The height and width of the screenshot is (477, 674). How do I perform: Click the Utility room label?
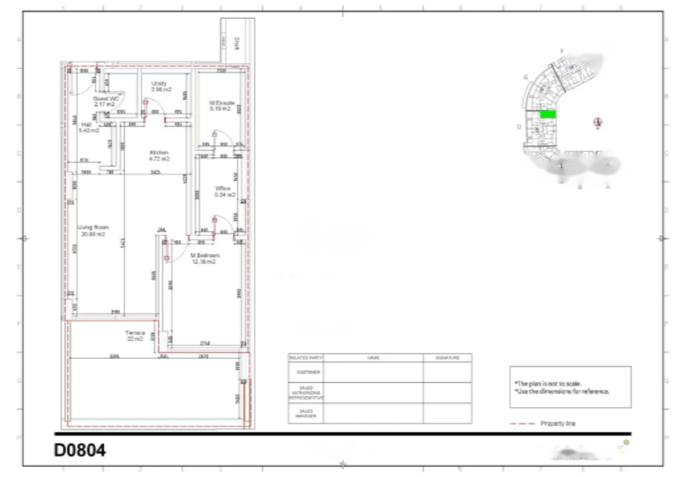[159, 84]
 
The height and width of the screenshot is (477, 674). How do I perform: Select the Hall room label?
[87, 125]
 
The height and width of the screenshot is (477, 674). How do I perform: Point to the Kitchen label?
[159, 153]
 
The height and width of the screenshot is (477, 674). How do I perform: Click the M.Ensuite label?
[222, 103]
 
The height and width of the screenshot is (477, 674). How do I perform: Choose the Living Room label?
[93, 228]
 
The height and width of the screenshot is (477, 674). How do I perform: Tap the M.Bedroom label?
[205, 255]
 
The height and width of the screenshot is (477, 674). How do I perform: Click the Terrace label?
[134, 333]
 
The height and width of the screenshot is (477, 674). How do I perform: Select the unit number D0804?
[80, 451]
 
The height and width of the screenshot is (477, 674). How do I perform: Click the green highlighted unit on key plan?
[548, 115]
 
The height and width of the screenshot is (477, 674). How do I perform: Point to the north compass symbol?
[598, 123]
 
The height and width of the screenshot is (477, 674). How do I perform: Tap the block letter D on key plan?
[519, 127]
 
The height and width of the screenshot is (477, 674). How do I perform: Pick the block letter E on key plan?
[526, 77]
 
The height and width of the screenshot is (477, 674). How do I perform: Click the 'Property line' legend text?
[557, 424]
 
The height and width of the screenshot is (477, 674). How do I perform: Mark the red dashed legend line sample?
[522, 424]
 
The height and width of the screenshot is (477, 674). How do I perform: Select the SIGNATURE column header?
[447, 358]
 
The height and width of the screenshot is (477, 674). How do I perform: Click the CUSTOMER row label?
[305, 372]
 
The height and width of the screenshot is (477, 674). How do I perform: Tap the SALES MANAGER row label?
[305, 413]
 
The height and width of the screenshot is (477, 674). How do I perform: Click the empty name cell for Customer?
[373, 372]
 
